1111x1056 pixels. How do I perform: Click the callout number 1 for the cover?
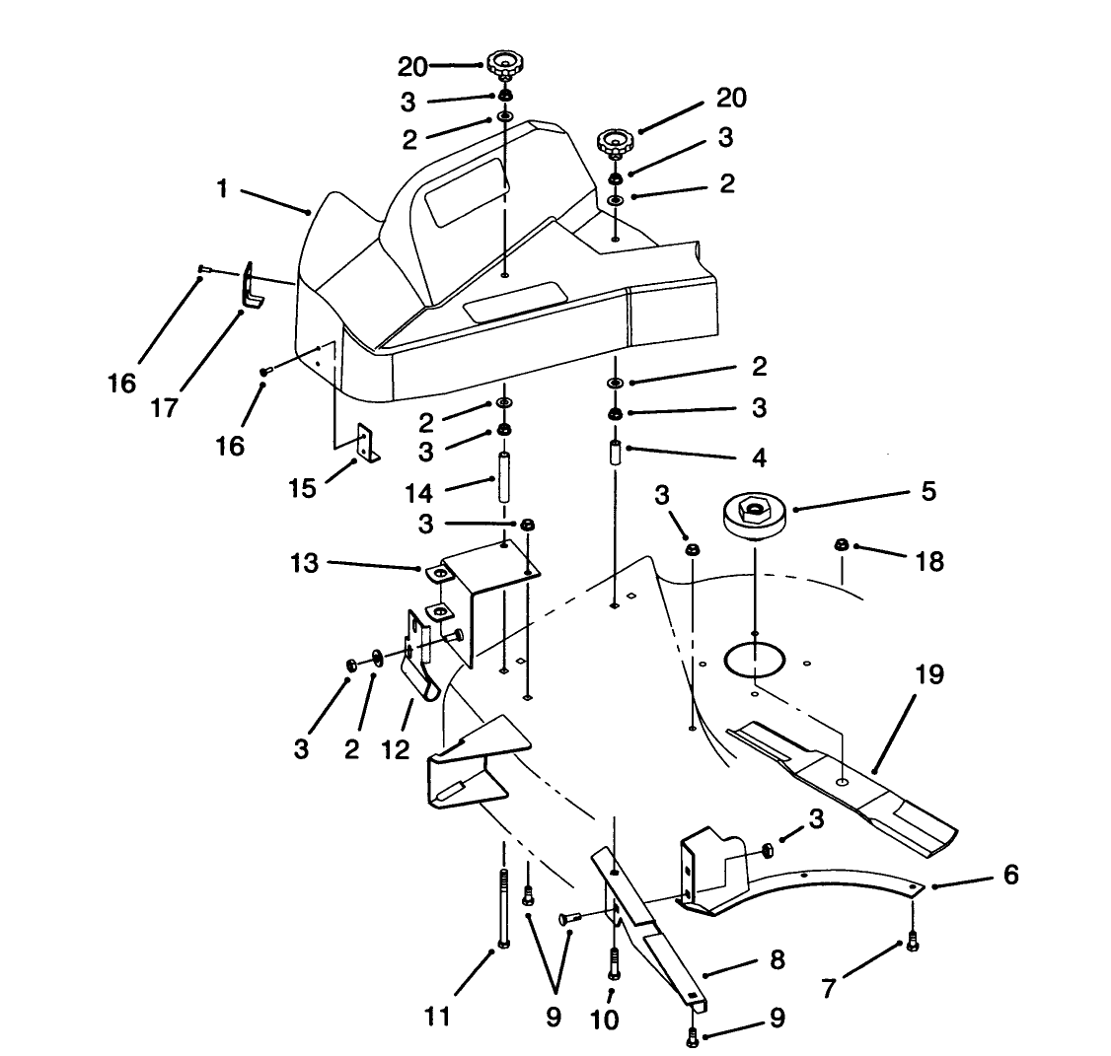[x=223, y=188]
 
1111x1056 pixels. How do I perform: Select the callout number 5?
[x=927, y=490]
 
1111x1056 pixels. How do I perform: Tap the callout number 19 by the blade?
[x=928, y=675]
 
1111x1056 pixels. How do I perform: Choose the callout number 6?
[x=1010, y=875]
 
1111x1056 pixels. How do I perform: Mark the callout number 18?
[x=929, y=561]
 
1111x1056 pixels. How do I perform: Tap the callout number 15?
[x=303, y=487]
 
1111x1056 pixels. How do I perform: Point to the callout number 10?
[x=604, y=1020]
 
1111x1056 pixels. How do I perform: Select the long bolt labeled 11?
[x=503, y=907]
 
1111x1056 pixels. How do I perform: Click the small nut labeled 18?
[x=842, y=543]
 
